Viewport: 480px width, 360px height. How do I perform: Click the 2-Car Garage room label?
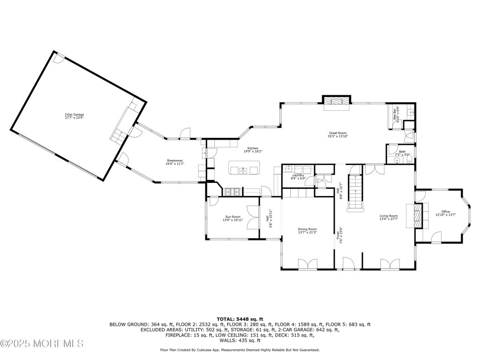[x=71, y=114]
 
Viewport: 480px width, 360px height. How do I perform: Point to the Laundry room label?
[x=298, y=175]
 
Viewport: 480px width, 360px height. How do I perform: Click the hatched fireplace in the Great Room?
[x=336, y=101]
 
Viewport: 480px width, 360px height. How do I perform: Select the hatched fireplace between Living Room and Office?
[x=418, y=215]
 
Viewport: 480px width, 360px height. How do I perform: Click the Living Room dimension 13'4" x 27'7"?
[x=389, y=219]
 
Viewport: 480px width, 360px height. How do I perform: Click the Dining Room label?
[x=307, y=229]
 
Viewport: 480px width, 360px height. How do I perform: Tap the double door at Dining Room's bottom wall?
[x=307, y=265]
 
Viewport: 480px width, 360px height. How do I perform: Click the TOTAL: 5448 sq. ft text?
[x=240, y=318]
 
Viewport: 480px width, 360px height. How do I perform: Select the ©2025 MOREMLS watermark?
[x=42, y=343]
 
